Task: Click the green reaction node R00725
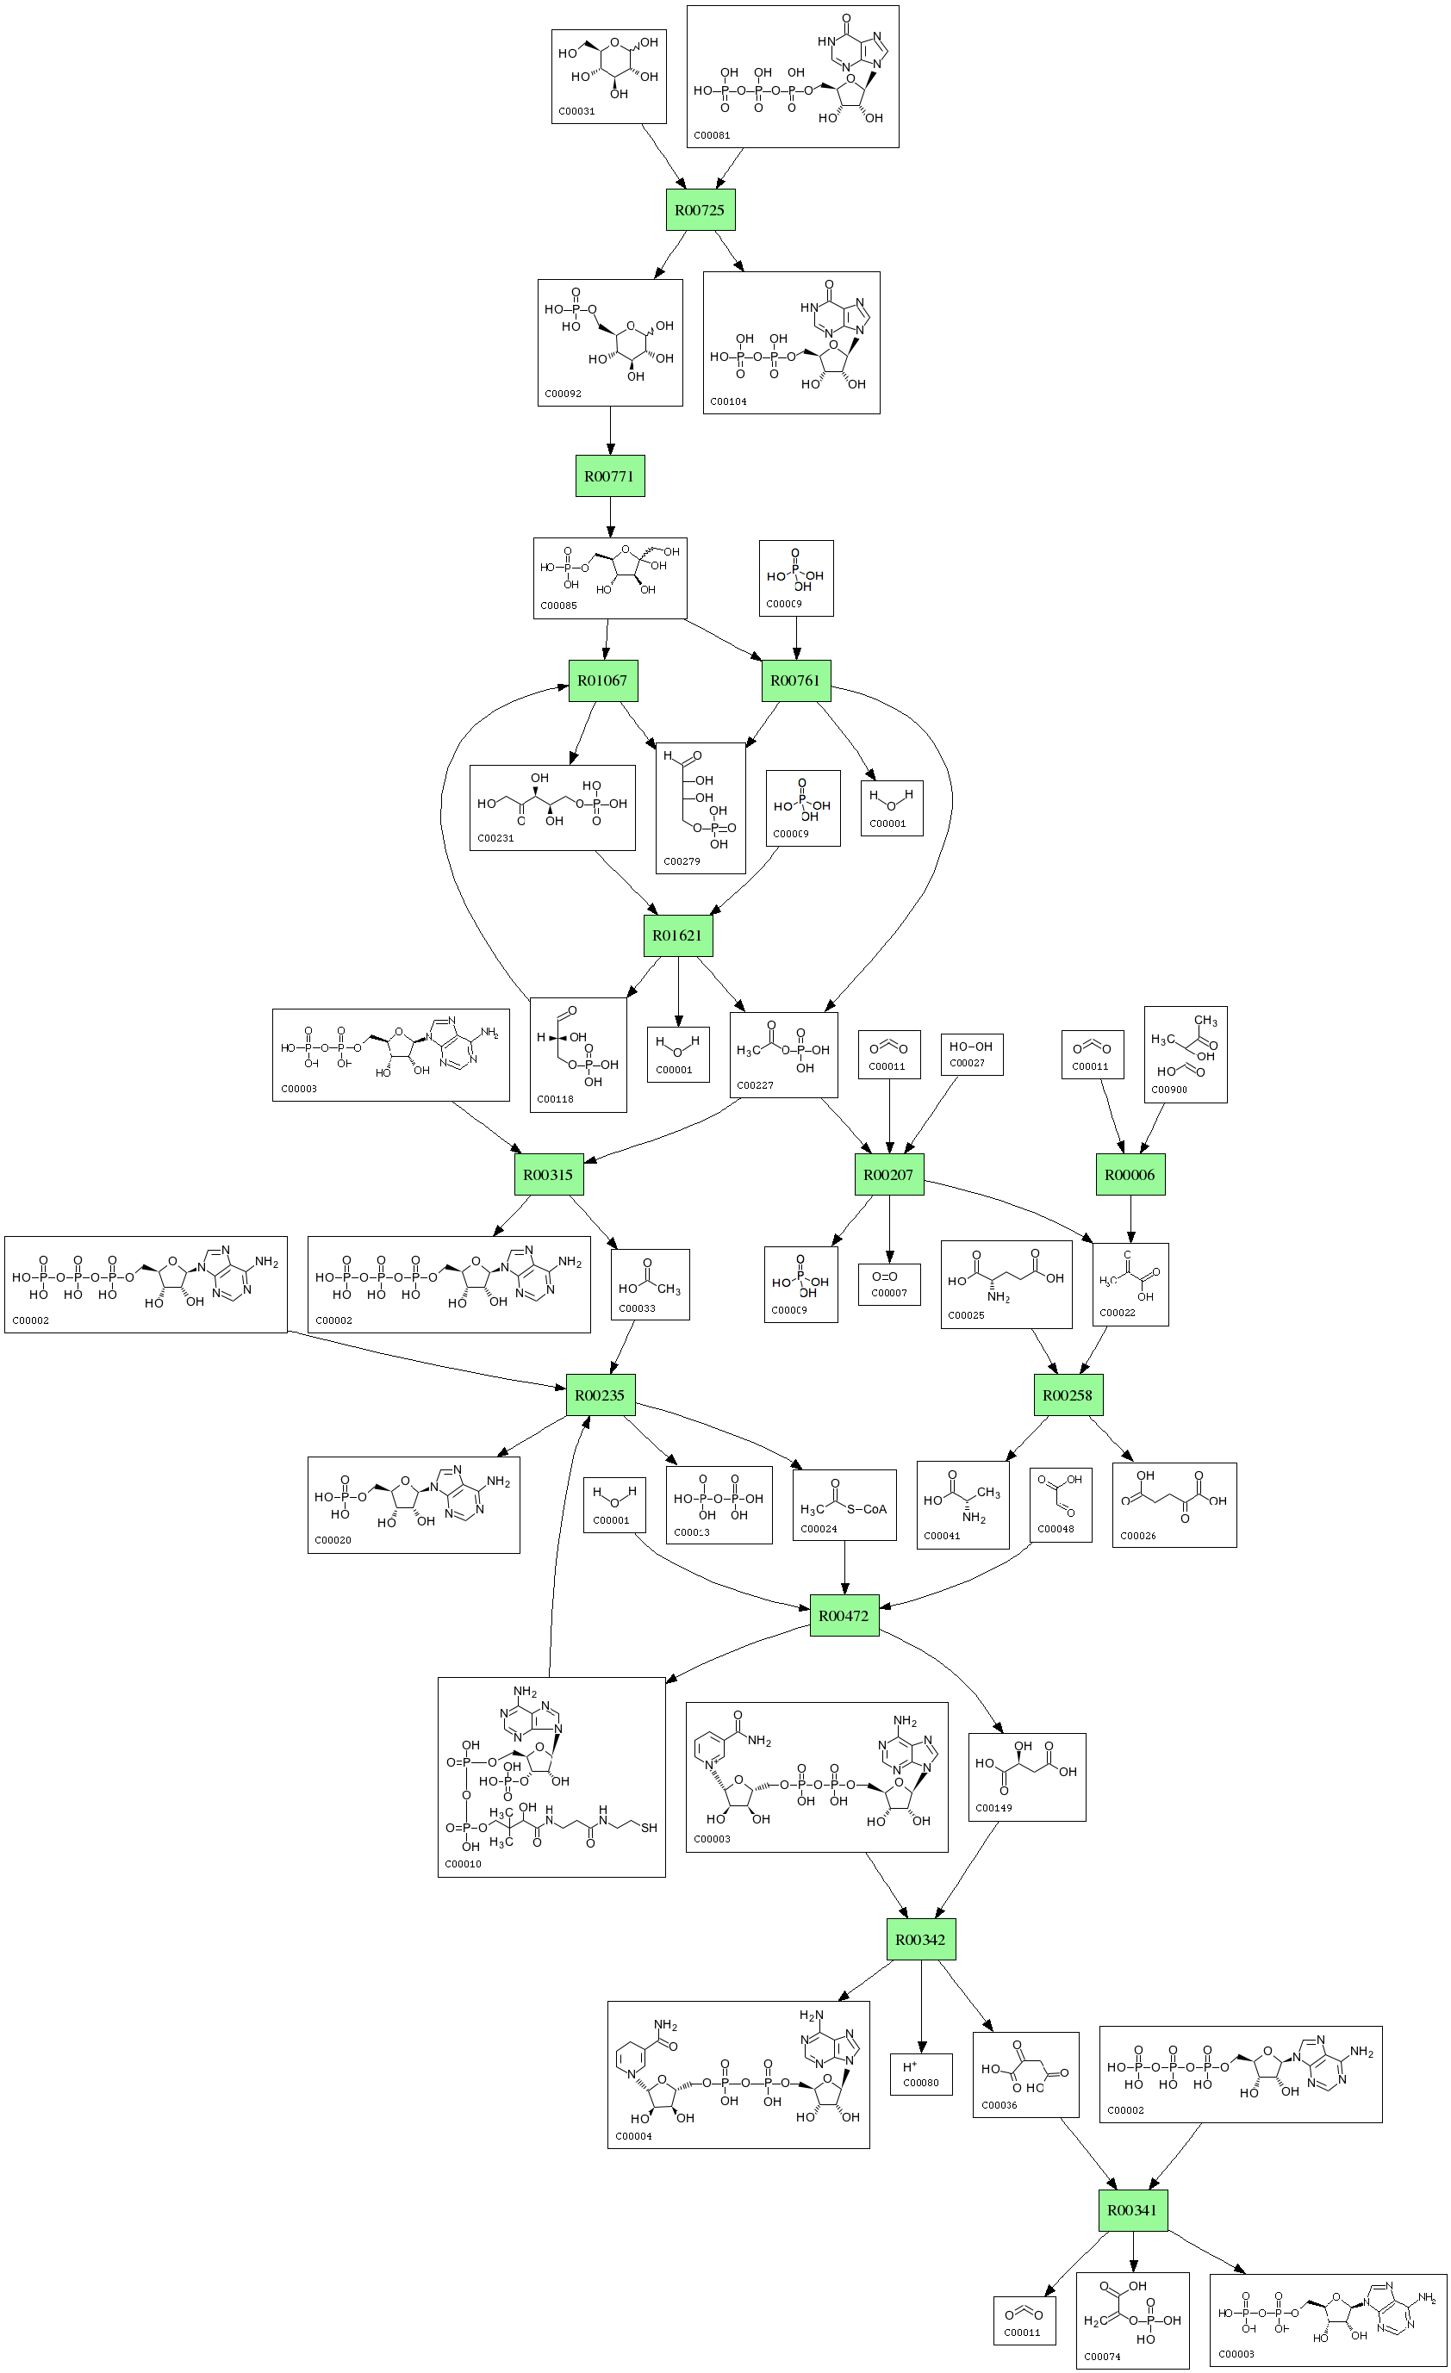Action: pyautogui.click(x=701, y=210)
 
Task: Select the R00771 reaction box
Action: pyautogui.click(x=610, y=475)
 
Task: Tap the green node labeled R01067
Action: pyautogui.click(x=602, y=680)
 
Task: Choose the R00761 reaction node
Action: pyautogui.click(x=795, y=680)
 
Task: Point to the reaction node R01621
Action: pyautogui.click(x=677, y=935)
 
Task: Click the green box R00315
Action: pyautogui.click(x=548, y=1175)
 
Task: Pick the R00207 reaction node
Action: pyautogui.click(x=888, y=1175)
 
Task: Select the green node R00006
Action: pyautogui.click(x=1130, y=1175)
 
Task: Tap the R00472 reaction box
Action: pyautogui.click(x=844, y=1616)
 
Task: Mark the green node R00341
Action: pyautogui.click(x=1133, y=2210)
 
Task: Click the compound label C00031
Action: pyautogui.click(x=577, y=112)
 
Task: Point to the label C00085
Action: pyautogui.click(x=559, y=606)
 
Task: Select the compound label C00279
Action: pyautogui.click(x=682, y=861)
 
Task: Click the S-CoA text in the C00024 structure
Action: pyautogui.click(x=867, y=1509)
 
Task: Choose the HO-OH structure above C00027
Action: pyautogui.click(x=970, y=1047)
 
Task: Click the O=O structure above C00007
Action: pyautogui.click(x=885, y=1277)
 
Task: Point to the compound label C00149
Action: pyautogui.click(x=993, y=1808)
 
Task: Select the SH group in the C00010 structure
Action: pyautogui.click(x=650, y=1828)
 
